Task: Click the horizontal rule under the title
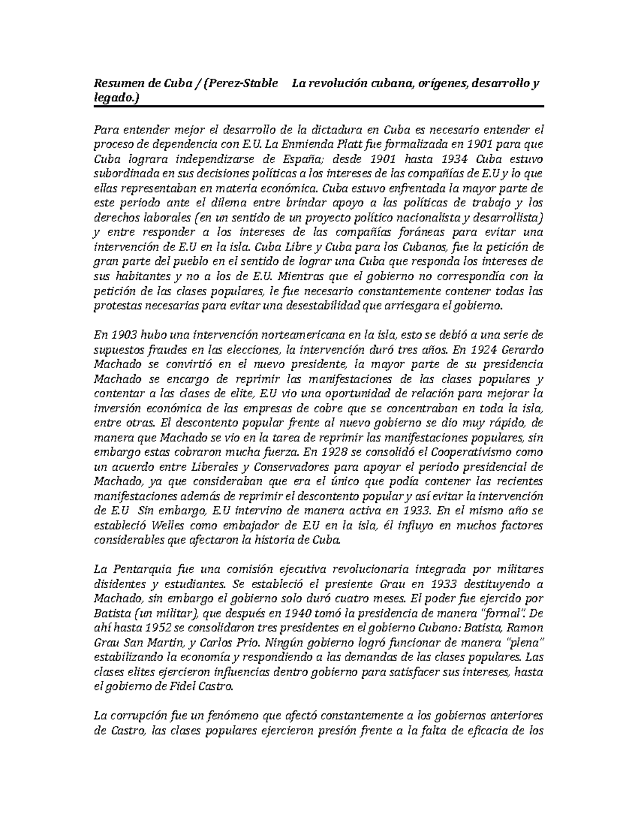pyautogui.click(x=319, y=106)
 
